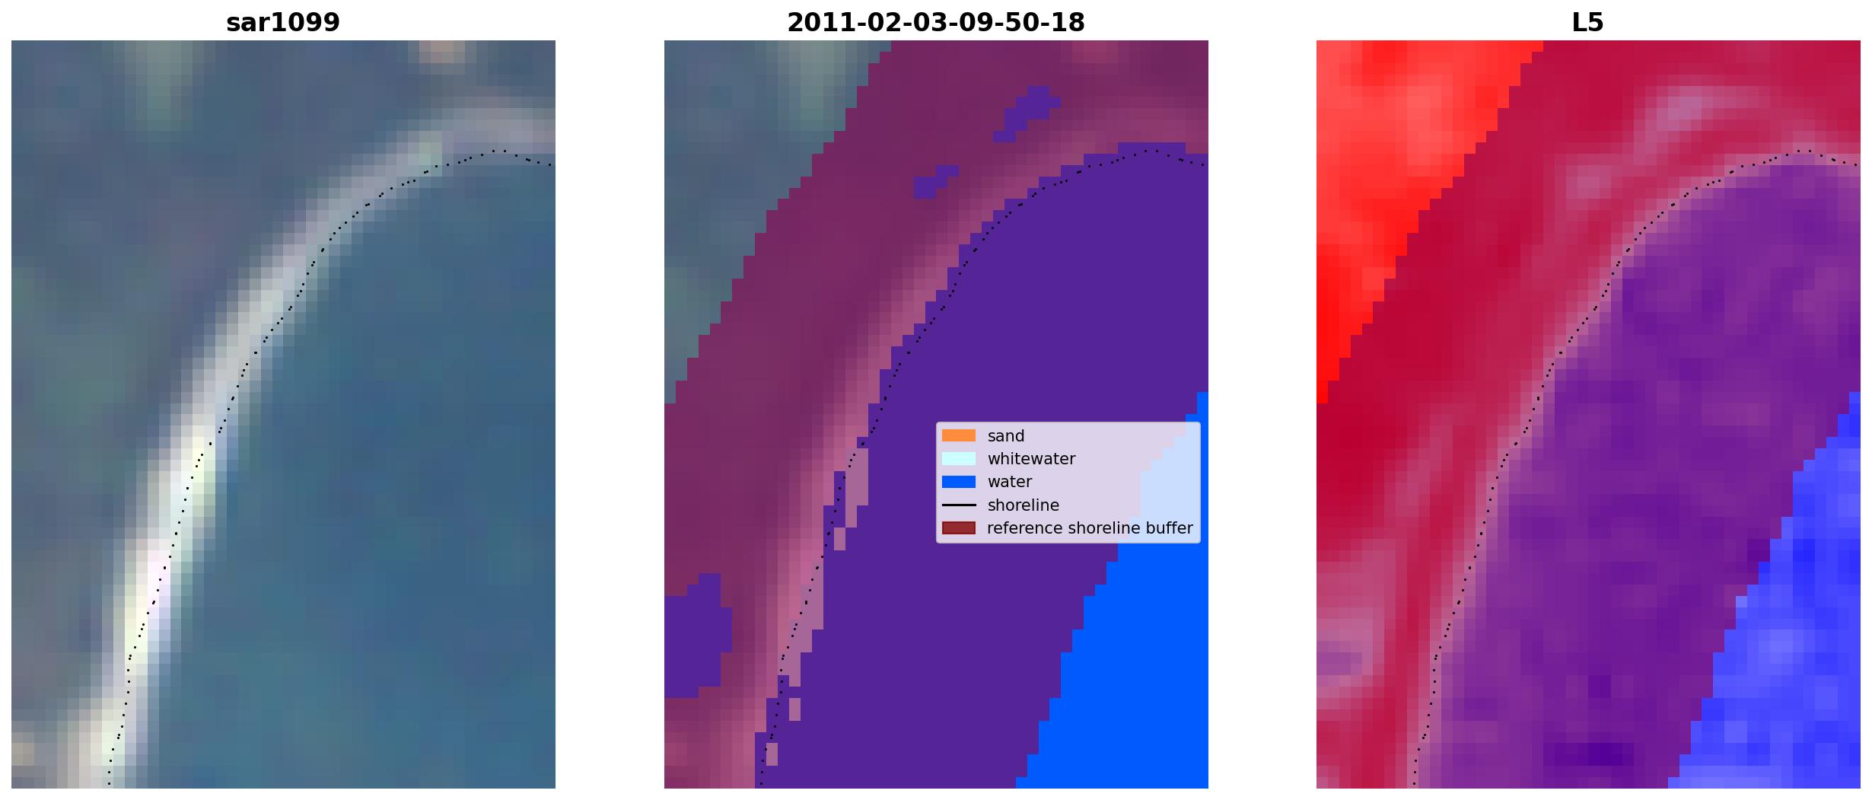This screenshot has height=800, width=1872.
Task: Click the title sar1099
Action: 283,23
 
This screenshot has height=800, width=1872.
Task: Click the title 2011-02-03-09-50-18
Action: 935,23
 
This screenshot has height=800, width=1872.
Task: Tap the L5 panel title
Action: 1587,23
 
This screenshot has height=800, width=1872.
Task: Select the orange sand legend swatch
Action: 959,435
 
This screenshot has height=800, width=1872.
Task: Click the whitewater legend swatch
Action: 959,458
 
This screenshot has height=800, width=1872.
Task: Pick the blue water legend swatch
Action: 959,482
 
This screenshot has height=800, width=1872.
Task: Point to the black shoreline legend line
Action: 959,505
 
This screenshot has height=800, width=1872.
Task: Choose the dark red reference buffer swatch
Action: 959,528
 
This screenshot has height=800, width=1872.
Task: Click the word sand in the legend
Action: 1006,436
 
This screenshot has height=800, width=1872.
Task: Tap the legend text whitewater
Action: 1031,459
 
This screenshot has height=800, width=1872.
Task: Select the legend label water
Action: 1010,482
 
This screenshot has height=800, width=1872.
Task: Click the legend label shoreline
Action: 1024,505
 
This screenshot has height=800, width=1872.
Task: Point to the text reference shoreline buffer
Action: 1090,528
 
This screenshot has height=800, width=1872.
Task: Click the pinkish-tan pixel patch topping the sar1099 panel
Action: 442,51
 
